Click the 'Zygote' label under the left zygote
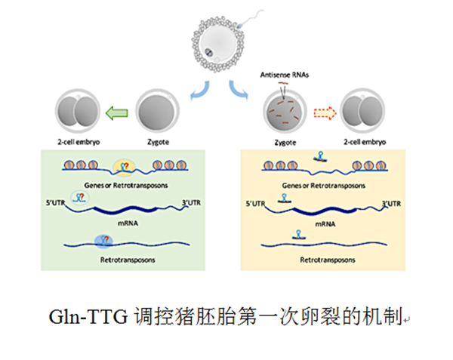(x=156, y=141)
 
